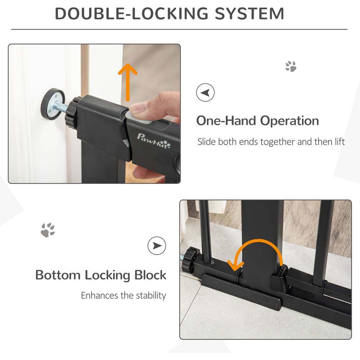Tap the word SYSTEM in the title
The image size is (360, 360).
[x=249, y=14]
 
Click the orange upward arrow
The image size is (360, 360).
[x=128, y=82]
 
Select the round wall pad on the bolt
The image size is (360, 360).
[x=53, y=104]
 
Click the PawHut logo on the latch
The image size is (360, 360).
[x=154, y=141]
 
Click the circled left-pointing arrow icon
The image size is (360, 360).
[x=205, y=92]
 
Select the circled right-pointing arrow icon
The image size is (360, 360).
[x=157, y=246]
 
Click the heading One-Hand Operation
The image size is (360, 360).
[x=258, y=121]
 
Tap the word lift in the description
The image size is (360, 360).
[x=339, y=141]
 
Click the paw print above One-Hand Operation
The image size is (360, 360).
[x=291, y=66]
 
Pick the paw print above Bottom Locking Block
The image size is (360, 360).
[x=48, y=230]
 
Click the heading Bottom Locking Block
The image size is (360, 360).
[x=100, y=275]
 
